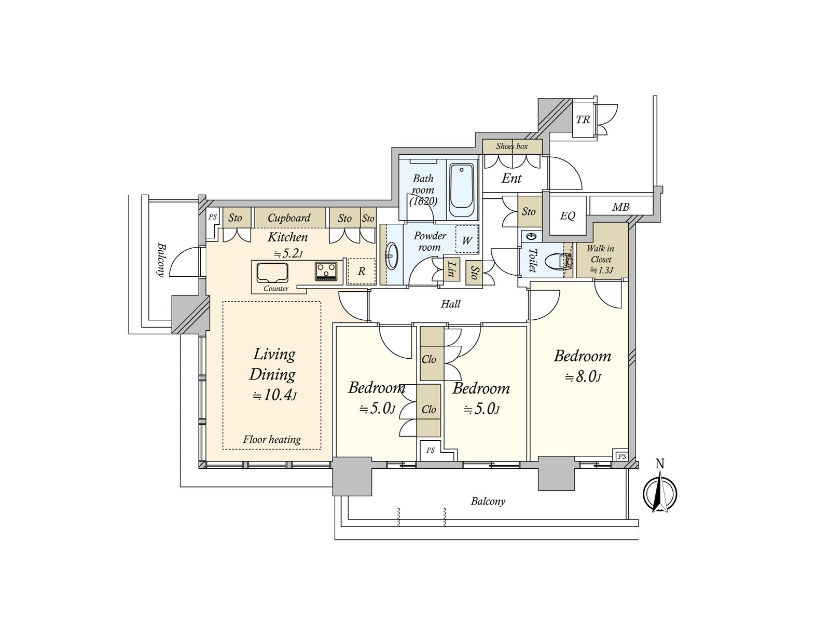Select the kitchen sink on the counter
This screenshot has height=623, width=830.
coord(272,273)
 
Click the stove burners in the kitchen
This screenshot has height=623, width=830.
coord(326,272)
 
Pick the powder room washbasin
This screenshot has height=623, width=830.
coord(392,255)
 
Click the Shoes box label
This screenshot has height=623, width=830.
coord(511,146)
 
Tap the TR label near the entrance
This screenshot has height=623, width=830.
coord(583,119)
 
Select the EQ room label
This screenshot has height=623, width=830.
coord(567,215)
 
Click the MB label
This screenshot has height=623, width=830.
coord(620,207)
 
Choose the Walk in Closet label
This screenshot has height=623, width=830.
coord(601,259)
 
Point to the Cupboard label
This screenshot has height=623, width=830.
coord(289,218)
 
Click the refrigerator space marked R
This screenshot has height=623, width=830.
coord(362,271)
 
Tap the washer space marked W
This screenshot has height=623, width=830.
coord(467,240)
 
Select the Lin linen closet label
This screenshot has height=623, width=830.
coord(450,269)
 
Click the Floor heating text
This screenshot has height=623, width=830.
coord(271,439)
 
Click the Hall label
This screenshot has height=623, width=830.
coord(450,304)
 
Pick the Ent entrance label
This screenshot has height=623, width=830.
coord(511,178)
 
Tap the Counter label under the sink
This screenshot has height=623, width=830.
coord(276,289)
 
